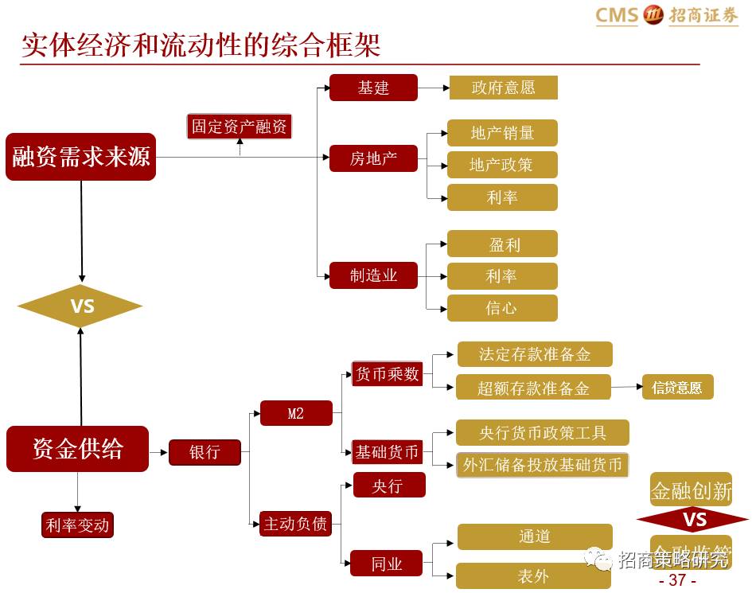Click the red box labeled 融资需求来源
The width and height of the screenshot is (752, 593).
[80, 157]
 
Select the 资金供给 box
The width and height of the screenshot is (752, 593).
[78, 448]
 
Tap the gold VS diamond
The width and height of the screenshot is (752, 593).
[80, 306]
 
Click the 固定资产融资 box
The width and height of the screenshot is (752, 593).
[240, 127]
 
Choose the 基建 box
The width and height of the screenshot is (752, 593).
[373, 88]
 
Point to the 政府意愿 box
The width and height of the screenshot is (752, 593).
[503, 88]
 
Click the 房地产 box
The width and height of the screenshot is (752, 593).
[373, 158]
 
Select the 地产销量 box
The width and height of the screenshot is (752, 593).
[502, 133]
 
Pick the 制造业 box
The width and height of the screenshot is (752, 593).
[373, 276]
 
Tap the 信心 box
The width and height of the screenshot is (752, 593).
[502, 308]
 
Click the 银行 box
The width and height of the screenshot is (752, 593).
[205, 452]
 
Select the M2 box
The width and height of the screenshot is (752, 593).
[296, 413]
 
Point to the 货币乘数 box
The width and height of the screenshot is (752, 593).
[387, 374]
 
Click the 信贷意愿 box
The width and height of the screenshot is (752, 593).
[677, 388]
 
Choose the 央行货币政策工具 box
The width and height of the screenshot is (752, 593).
[543, 433]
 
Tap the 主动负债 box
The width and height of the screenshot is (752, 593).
[295, 524]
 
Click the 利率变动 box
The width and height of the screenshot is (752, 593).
[77, 525]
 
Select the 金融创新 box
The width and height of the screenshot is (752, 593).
[691, 491]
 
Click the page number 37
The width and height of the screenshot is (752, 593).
[677, 580]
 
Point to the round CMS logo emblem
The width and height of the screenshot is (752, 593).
[653, 15]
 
